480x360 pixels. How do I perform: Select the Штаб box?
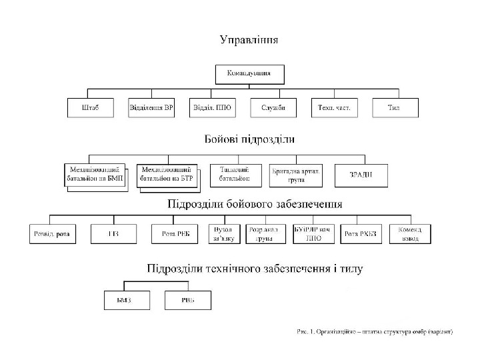(91, 108)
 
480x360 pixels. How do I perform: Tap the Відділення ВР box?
(151, 108)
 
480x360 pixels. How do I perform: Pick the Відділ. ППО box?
(212, 108)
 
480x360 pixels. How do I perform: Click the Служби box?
(273, 108)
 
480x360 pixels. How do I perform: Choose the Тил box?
(395, 108)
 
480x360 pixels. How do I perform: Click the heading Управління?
(249, 40)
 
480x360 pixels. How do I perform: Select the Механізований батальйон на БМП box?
(94, 175)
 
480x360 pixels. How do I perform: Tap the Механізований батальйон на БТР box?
(167, 175)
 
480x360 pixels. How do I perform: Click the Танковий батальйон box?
(235, 175)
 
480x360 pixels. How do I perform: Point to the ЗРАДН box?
(360, 175)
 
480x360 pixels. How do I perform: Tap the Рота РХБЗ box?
(361, 233)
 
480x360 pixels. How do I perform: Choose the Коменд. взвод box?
(410, 233)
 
